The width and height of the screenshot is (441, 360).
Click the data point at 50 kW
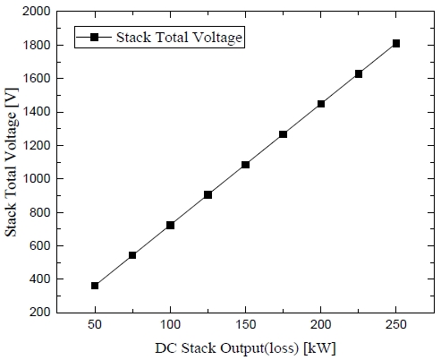95,286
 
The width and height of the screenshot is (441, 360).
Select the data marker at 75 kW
132,255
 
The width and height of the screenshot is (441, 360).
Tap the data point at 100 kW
170,225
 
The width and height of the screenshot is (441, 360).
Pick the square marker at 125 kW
208,194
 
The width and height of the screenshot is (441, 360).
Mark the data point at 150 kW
245,165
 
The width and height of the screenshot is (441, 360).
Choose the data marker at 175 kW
283,134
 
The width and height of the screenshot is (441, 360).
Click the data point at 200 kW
320,104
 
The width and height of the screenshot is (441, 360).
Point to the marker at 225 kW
358,73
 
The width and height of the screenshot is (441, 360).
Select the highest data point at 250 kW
395,43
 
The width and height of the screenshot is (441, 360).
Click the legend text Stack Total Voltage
177,37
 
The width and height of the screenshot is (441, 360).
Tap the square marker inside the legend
91,37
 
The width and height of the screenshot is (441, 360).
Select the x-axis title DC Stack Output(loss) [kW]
245,347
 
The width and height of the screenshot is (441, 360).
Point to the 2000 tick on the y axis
38,12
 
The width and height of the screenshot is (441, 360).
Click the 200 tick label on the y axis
41,313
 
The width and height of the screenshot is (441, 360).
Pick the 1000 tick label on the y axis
38,179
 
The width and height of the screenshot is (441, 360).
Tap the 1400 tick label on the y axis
38,112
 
